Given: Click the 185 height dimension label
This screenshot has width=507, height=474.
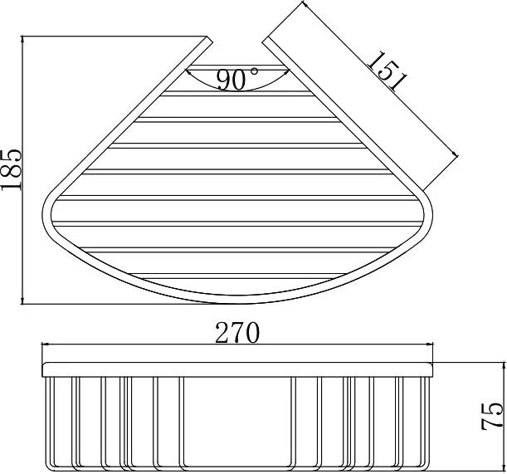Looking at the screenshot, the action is click(11, 169).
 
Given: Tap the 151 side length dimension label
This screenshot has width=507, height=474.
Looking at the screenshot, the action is click(388, 71).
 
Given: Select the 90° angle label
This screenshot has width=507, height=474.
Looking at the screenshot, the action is click(237, 79).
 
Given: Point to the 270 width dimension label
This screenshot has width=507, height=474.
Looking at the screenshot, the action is click(237, 333).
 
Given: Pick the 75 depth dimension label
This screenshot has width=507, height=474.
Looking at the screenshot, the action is click(492, 415).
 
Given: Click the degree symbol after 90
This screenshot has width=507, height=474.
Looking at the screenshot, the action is click(255, 71).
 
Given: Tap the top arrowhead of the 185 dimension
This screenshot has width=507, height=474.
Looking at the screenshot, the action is click(22, 40).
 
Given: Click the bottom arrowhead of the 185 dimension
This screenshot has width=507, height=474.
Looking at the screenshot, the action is click(22, 301).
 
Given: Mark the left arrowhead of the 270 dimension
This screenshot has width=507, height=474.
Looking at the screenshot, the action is click(46, 345).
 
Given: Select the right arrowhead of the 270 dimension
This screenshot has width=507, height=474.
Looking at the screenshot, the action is click(429, 345).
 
